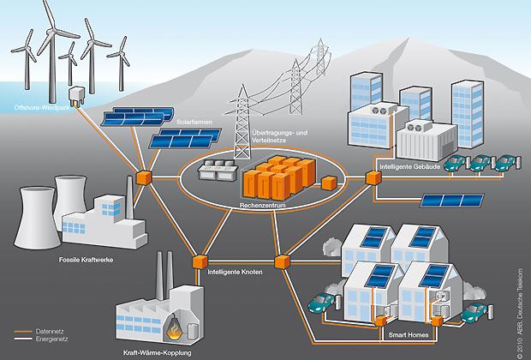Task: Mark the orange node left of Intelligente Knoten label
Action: [200, 260]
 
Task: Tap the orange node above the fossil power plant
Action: [142, 178]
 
